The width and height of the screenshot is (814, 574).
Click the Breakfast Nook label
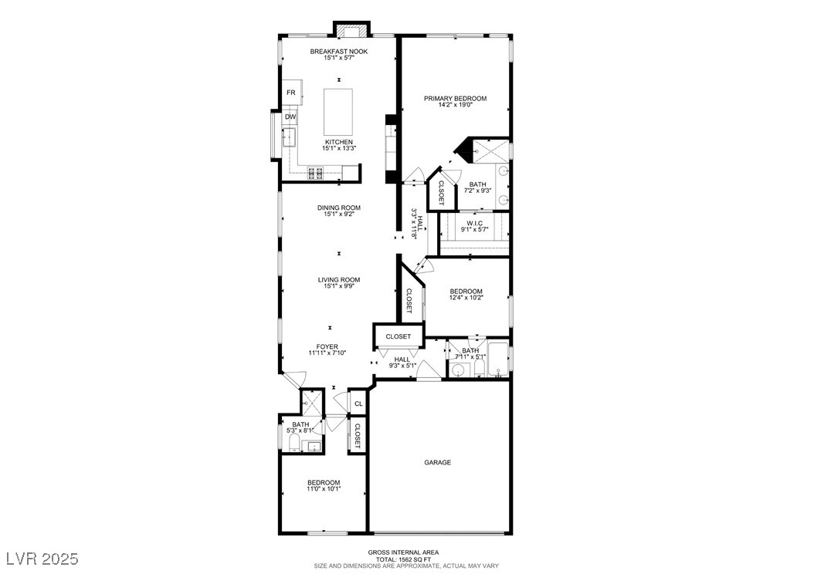point(339,52)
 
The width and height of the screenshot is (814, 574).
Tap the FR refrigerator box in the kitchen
point(291,93)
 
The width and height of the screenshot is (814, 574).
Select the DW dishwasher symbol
point(290,117)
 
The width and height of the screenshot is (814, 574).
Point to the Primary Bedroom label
point(455,99)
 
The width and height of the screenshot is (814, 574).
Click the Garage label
point(437,463)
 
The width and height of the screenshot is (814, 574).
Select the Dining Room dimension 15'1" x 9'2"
point(339,214)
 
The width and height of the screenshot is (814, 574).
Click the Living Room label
point(339,280)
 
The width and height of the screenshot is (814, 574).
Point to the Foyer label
point(327,346)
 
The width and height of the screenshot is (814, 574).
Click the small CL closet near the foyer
point(358,403)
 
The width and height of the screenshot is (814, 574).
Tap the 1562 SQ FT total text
point(404,559)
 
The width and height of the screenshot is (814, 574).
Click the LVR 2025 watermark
point(42,557)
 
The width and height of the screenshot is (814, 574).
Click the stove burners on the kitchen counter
point(317,173)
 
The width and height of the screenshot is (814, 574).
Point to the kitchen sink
point(291,139)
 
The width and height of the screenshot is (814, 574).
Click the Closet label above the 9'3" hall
point(399,336)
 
